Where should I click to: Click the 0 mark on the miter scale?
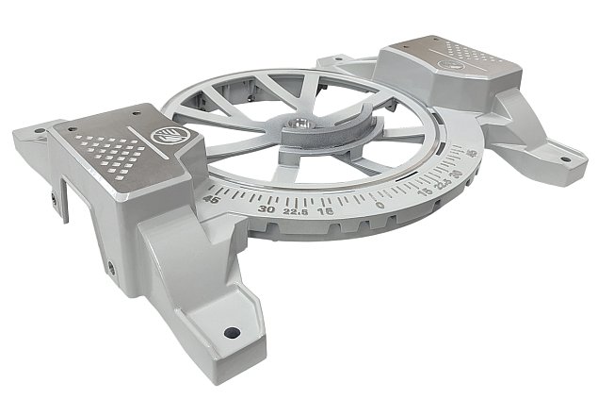pos(380,205)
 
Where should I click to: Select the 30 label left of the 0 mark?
pos(267,211)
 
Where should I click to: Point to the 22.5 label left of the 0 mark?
pos(298,213)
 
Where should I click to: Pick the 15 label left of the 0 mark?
pos(326,213)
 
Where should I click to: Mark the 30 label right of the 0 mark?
pos(457,174)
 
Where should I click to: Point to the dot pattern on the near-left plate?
pos(114,149)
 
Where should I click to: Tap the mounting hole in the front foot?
pos(230,332)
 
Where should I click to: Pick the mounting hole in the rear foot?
pos(334,61)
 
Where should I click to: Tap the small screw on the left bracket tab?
pos(54,199)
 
